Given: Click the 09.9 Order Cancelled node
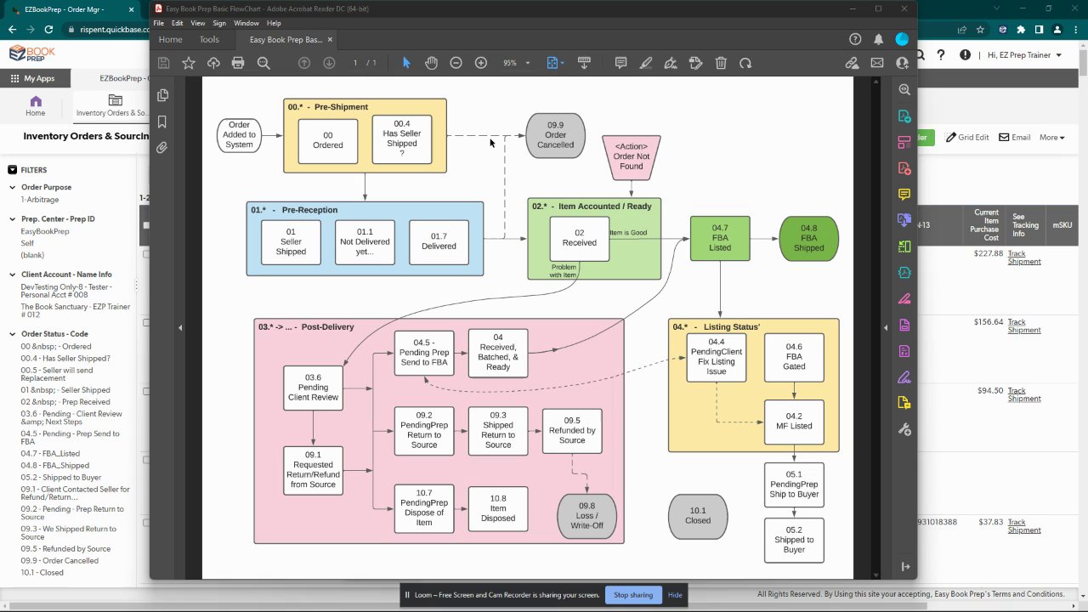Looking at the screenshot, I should pyautogui.click(x=555, y=135).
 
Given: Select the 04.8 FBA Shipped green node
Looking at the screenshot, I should pyautogui.click(x=808, y=238).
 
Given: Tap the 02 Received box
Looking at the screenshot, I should pyautogui.click(x=579, y=238).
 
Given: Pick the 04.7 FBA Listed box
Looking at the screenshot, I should pyautogui.click(x=720, y=238).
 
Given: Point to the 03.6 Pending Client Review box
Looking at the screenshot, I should pyautogui.click(x=313, y=388).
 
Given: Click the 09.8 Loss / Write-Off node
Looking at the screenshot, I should pyautogui.click(x=586, y=515).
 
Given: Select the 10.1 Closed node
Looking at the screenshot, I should pyautogui.click(x=698, y=516).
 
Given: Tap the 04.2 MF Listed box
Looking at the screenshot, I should pyautogui.click(x=794, y=422).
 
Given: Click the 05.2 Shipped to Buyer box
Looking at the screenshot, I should pyautogui.click(x=794, y=540).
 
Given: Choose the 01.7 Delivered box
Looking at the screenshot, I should pyautogui.click(x=439, y=241).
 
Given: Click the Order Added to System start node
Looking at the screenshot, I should pyautogui.click(x=239, y=135).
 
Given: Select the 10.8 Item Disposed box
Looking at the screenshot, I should pyautogui.click(x=498, y=508).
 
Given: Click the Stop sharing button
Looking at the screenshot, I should pyautogui.click(x=633, y=595).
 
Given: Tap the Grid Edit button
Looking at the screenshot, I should pyautogui.click(x=967, y=137).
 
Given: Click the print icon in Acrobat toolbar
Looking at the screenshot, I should pyautogui.click(x=238, y=63).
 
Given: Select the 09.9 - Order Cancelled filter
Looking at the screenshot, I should pyautogui.click(x=59, y=561).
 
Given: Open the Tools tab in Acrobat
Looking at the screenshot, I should pyautogui.click(x=209, y=40).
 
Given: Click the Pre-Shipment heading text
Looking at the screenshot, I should pyautogui.click(x=341, y=107).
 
